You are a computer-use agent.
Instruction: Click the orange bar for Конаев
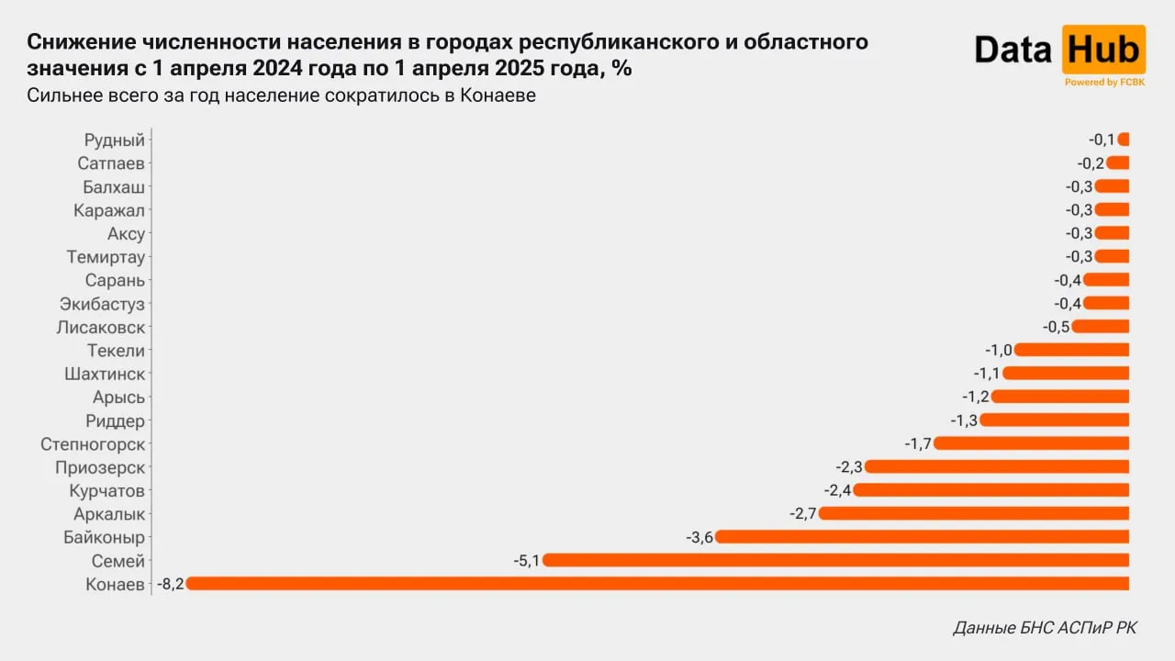(x=657, y=583)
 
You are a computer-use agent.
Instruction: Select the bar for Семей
(x=835, y=560)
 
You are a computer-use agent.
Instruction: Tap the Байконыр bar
(x=922, y=536)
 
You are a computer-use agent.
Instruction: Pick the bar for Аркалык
(x=973, y=513)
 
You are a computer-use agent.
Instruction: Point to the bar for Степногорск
(x=1031, y=443)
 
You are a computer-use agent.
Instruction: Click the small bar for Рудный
(x=1124, y=140)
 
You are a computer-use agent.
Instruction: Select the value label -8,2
(x=171, y=584)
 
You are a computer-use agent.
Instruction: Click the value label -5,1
(x=526, y=560)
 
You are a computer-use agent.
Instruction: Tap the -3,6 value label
(x=699, y=537)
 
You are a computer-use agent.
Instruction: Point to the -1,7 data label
(x=918, y=443)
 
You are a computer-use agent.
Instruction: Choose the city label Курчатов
(x=109, y=490)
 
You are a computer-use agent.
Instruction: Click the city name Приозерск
(x=100, y=467)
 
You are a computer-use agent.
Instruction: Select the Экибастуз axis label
(x=102, y=304)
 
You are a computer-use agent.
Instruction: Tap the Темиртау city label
(x=106, y=257)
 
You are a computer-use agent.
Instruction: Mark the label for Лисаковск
(x=101, y=327)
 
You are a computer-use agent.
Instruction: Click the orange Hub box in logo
(x=1103, y=50)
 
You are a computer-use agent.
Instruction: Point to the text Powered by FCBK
(x=1103, y=83)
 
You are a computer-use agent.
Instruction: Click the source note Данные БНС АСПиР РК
(x=1045, y=628)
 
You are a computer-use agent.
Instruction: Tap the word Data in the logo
(x=1013, y=50)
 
